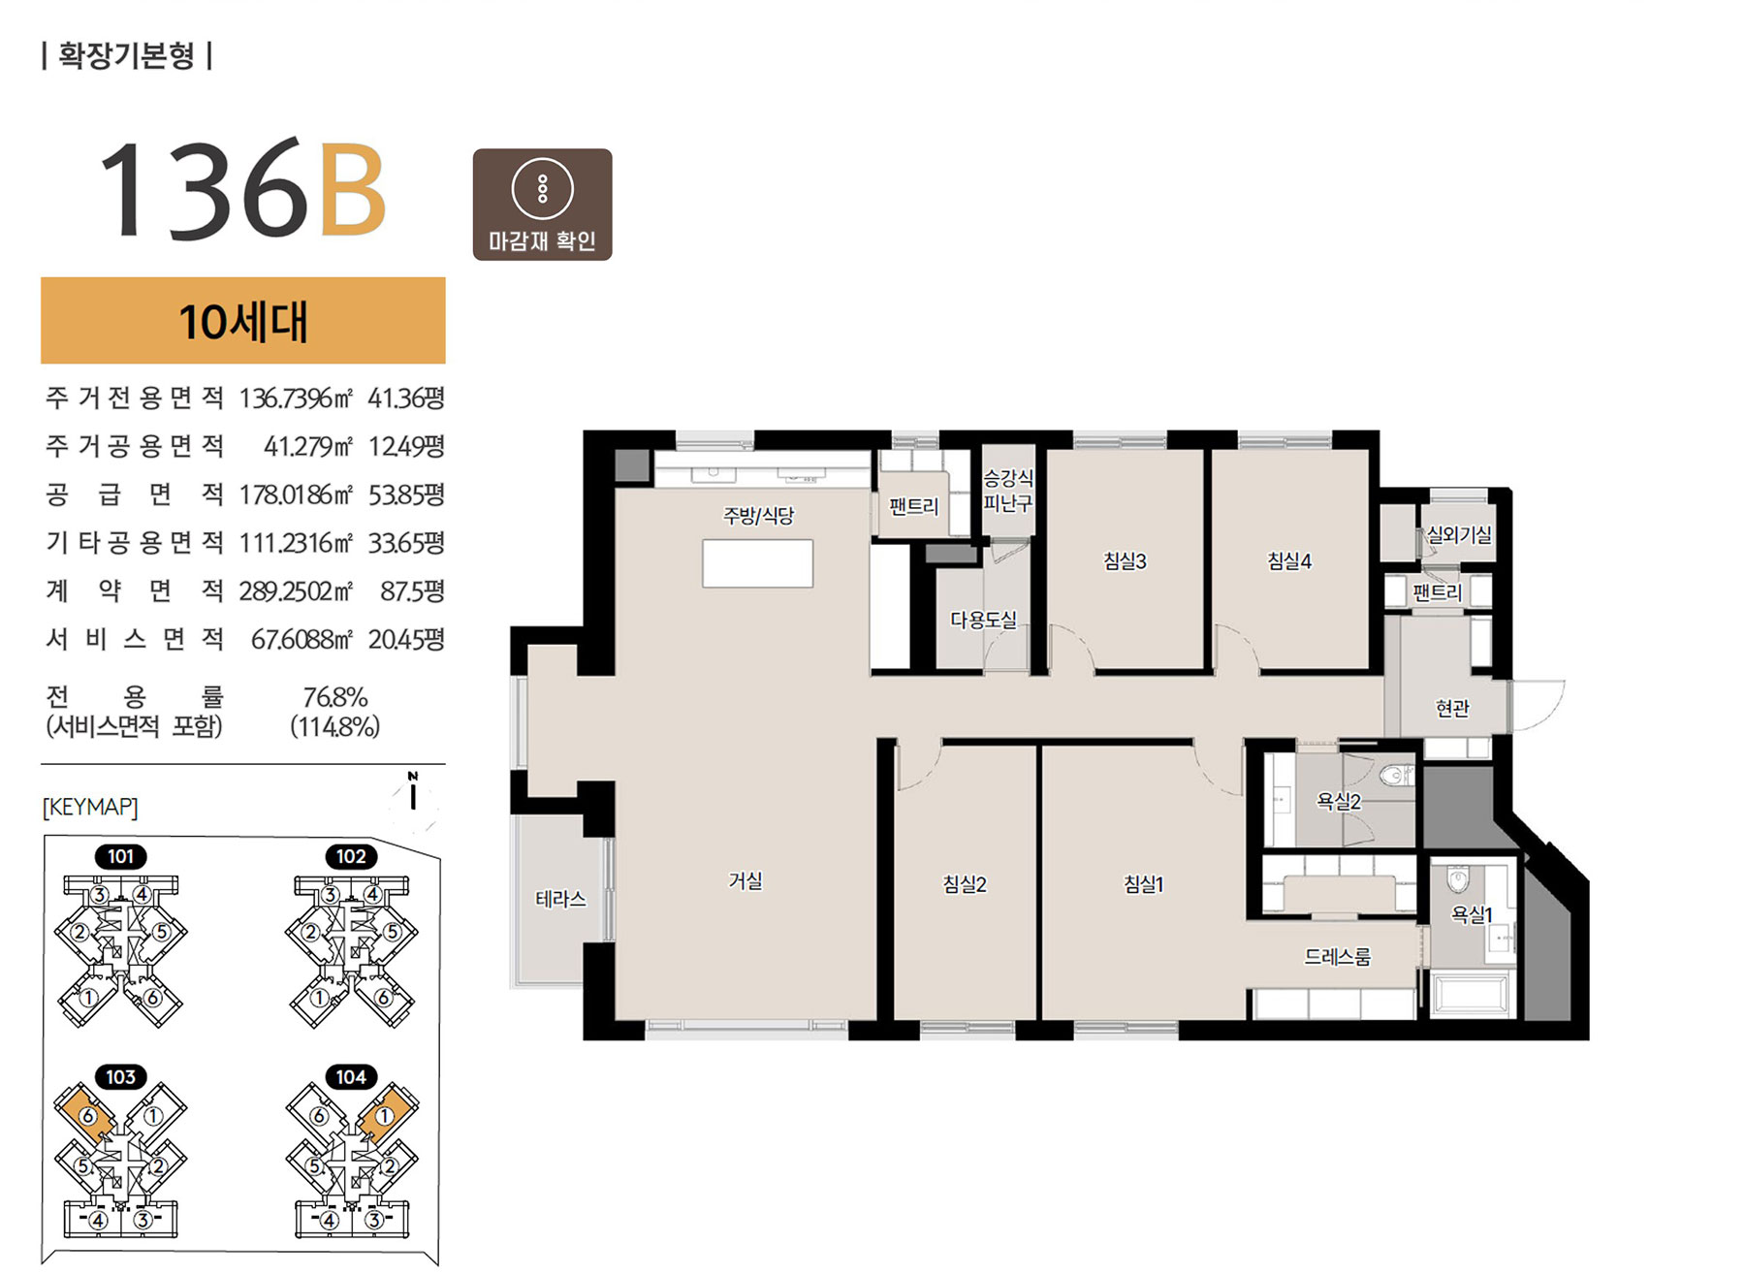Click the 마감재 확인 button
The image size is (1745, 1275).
tap(542, 205)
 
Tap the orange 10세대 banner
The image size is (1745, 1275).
tap(243, 321)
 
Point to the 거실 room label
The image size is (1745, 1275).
tap(746, 880)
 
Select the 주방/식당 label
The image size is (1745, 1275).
tap(758, 515)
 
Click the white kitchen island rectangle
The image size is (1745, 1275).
tap(758, 563)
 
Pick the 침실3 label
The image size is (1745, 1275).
tap(1125, 561)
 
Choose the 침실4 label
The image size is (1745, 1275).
tap(1289, 561)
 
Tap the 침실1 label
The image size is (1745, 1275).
tap(1143, 884)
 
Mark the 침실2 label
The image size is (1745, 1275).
tap(965, 884)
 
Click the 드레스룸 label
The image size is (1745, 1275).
tap(1337, 957)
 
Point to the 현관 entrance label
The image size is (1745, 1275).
tap(1452, 709)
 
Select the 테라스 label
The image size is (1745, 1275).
tap(560, 899)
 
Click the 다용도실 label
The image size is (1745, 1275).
tap(983, 620)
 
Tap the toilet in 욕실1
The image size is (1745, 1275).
tap(1458, 880)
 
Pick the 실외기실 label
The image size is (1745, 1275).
tap(1459, 534)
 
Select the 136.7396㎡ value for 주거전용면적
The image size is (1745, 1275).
tap(296, 398)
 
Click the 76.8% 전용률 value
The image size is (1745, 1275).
tap(335, 697)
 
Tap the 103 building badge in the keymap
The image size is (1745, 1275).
tap(120, 1077)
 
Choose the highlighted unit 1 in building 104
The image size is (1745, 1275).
tap(385, 1115)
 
